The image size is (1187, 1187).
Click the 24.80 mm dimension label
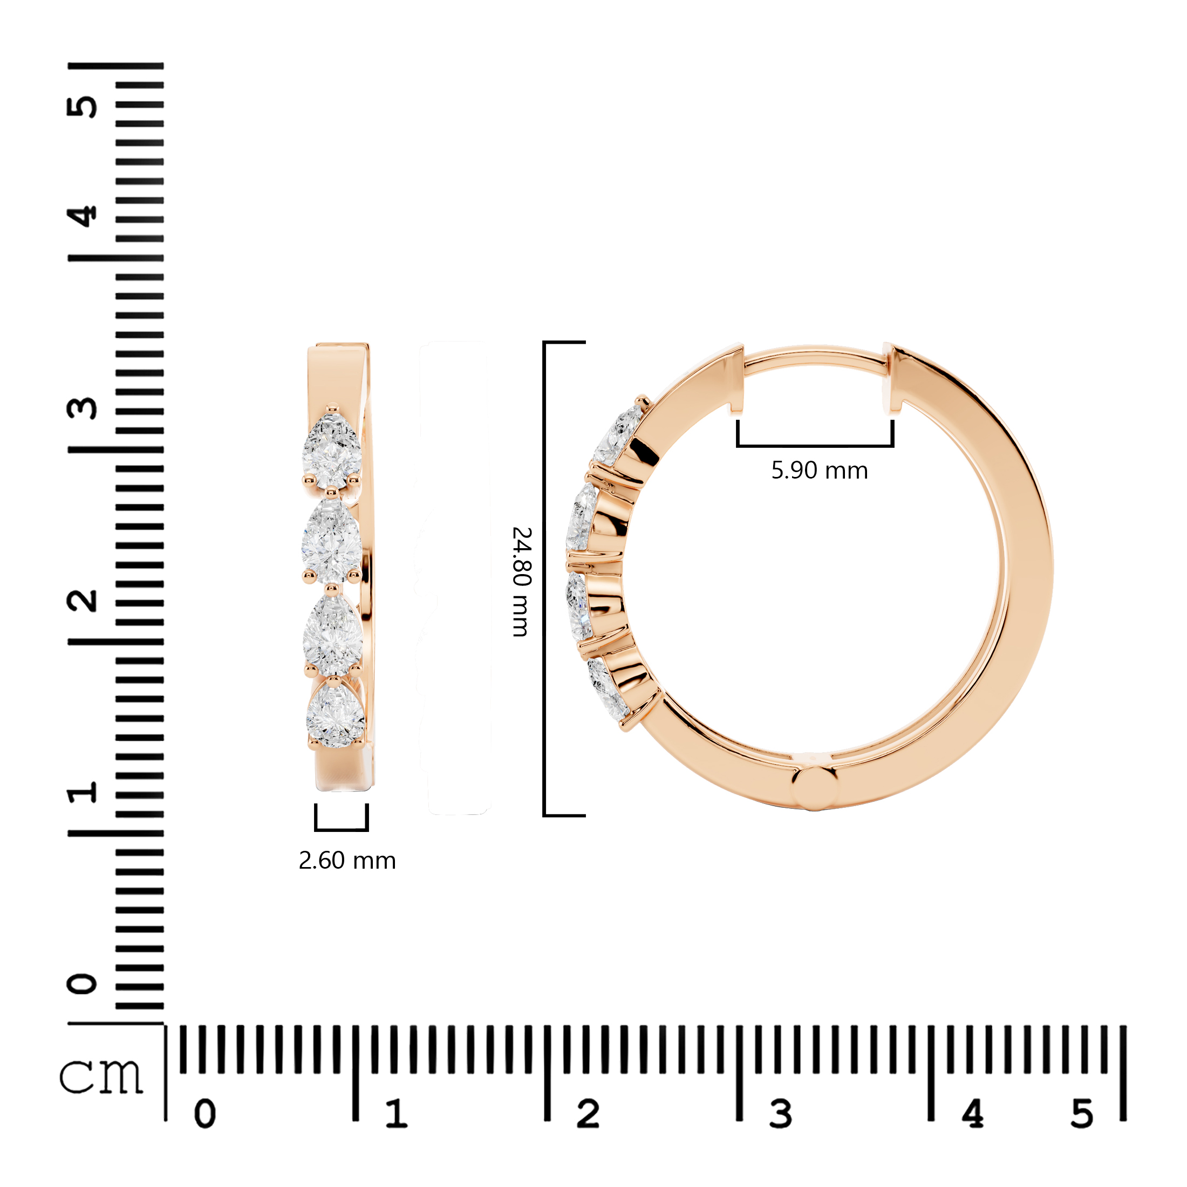[x=522, y=581]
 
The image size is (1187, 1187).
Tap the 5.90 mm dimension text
[x=819, y=470]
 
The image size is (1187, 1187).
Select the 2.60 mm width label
[x=347, y=860]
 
